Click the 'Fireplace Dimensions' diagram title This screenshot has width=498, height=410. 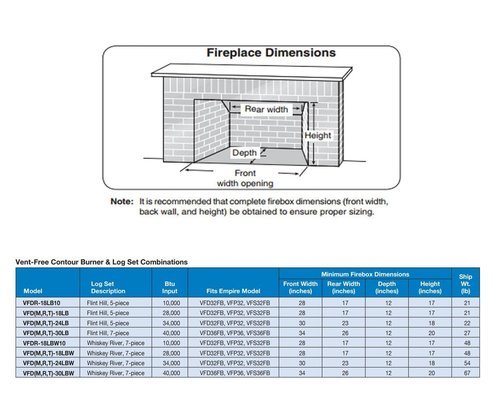[271, 53]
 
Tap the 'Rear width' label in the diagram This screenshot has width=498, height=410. [266, 109]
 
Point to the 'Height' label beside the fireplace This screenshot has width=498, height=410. [318, 135]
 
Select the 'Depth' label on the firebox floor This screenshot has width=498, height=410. [244, 152]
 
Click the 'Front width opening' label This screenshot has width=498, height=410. [245, 178]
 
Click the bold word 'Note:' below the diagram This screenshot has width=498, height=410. [122, 201]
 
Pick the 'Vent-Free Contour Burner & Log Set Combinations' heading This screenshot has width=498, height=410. [102, 262]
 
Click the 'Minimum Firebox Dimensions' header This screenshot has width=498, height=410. [365, 274]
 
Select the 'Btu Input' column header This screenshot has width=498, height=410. [170, 287]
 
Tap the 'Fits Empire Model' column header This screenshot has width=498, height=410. [233, 291]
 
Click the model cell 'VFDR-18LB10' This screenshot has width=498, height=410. [42, 303]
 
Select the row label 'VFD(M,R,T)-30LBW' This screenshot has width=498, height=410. [49, 373]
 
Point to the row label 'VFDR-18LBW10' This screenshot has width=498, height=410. [44, 343]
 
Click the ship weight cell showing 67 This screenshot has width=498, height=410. [465, 373]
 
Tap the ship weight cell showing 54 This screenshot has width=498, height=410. [465, 363]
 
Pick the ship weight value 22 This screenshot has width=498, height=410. [465, 323]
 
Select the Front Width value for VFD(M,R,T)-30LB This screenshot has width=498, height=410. [302, 333]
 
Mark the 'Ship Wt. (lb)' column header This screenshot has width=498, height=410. [465, 284]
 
